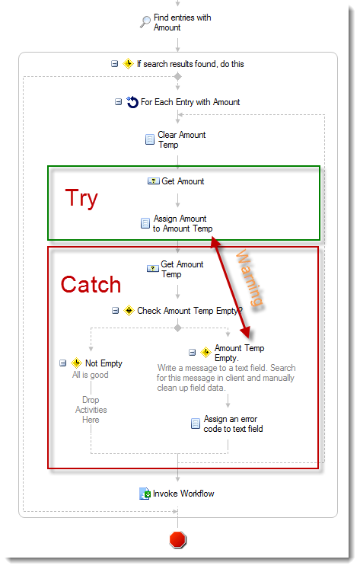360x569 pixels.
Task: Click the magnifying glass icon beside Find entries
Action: (x=145, y=22)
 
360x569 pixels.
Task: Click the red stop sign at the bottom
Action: (x=177, y=539)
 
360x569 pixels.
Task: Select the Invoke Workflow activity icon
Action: (x=145, y=494)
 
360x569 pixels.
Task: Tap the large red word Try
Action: (x=81, y=198)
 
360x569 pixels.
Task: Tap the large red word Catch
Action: (x=91, y=284)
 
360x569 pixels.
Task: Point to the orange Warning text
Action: (x=250, y=277)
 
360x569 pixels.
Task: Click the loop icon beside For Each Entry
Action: (x=132, y=102)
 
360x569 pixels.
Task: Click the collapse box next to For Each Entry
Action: (x=118, y=102)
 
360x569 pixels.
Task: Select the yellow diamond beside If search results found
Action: (x=128, y=64)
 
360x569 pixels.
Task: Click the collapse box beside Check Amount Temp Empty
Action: (x=115, y=311)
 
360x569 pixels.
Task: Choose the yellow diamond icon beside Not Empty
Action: (x=77, y=363)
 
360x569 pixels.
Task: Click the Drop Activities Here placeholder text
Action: (x=91, y=410)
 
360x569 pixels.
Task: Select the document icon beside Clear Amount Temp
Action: (x=150, y=139)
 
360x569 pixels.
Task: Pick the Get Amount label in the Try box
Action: (x=183, y=181)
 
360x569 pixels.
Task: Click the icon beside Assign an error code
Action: (x=196, y=424)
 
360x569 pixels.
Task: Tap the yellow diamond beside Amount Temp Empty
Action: (x=206, y=352)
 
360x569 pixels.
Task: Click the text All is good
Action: (x=91, y=375)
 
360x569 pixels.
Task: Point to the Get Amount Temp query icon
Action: (x=153, y=269)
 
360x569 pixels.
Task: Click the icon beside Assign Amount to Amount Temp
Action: (x=145, y=223)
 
